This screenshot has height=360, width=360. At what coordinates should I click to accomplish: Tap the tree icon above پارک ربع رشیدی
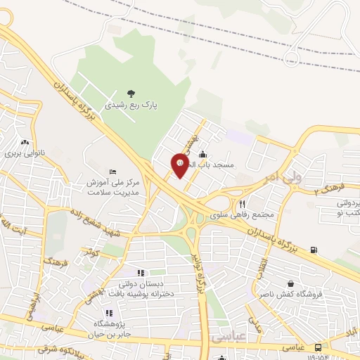[x=131, y=93]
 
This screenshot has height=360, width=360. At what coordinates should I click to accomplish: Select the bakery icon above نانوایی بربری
[x=25, y=141]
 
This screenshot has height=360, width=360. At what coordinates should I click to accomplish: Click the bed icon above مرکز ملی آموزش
[x=112, y=172]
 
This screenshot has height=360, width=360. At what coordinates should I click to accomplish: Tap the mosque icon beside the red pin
[x=203, y=154]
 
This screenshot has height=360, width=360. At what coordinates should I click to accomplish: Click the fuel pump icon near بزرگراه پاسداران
[x=313, y=249]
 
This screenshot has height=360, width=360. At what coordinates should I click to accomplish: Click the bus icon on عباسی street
[x=319, y=347]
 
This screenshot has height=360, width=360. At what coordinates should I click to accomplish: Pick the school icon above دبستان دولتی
[x=140, y=273]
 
